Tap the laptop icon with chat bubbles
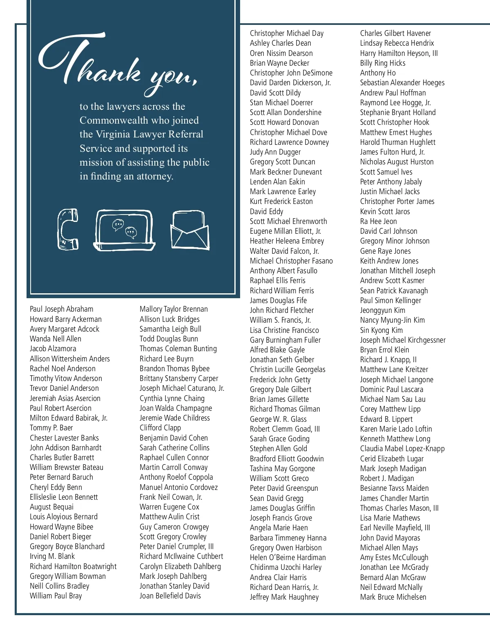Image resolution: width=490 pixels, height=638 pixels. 125,230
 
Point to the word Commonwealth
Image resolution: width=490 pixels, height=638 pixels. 139,120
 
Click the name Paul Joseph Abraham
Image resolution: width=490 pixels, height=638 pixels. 61,309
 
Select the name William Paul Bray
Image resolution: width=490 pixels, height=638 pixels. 56,596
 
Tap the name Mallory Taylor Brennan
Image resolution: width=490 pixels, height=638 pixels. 174,309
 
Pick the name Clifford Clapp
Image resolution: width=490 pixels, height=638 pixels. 160,428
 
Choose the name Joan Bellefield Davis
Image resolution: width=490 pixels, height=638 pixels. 170,596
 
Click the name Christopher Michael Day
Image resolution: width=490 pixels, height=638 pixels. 287,33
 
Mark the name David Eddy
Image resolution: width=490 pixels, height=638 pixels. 266,211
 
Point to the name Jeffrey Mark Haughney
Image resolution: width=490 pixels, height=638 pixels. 284,597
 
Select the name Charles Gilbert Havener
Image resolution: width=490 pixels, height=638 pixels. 395,33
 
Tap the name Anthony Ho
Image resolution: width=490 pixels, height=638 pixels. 378,73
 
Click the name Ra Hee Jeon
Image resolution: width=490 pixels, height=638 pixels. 378,222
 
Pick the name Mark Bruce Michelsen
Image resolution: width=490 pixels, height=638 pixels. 393,597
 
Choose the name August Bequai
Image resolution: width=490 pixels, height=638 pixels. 51,507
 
